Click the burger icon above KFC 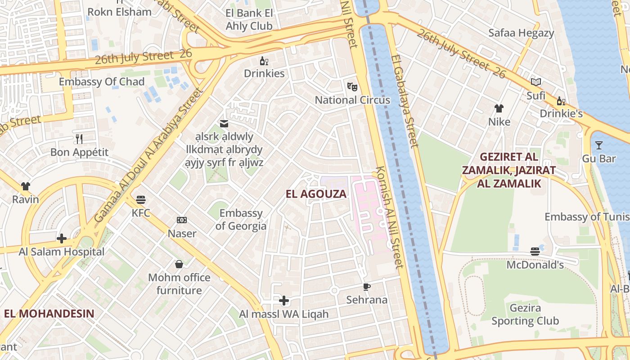(x=141, y=199)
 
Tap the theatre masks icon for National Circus (x=352, y=86)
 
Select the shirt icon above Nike (x=499, y=108)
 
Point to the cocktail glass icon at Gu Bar (x=598, y=145)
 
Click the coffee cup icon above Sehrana (x=367, y=287)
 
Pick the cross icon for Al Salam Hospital (x=62, y=238)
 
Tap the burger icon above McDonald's (x=535, y=251)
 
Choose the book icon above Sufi (x=535, y=82)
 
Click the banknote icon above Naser (x=182, y=220)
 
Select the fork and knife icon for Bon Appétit (x=79, y=139)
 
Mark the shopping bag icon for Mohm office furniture (x=179, y=264)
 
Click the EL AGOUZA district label (x=316, y=194)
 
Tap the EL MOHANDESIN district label (x=49, y=314)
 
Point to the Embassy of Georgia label (x=241, y=219)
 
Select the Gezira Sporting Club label (x=525, y=315)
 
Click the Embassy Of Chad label (x=102, y=81)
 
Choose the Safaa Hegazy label (x=521, y=33)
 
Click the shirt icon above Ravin (x=25, y=186)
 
